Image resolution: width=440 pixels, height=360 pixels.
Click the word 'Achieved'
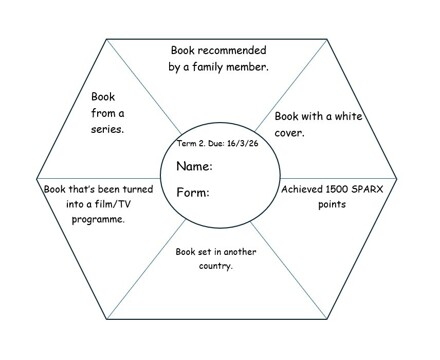[x=303, y=188]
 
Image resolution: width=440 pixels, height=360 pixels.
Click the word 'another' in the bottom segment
[x=240, y=252]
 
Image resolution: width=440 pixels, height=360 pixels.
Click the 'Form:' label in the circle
[x=193, y=192]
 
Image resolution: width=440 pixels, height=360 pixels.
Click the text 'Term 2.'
[x=190, y=144]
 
